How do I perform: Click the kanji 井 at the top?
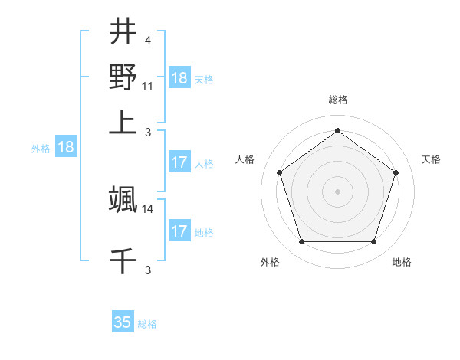[x=123, y=32]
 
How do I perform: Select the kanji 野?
[x=123, y=77]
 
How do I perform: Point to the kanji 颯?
[x=123, y=200]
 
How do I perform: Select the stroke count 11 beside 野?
[x=148, y=85]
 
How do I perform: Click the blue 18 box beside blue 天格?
[x=179, y=77]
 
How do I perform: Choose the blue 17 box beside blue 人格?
[x=179, y=162]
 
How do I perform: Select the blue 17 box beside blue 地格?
[x=179, y=231]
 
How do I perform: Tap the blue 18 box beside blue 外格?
[x=66, y=148]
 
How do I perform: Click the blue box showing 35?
[x=123, y=322]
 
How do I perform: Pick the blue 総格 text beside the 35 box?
[x=147, y=324]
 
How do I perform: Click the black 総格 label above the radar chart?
[x=338, y=100]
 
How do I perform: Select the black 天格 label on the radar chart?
[x=432, y=159]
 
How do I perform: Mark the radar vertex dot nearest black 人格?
[x=279, y=172]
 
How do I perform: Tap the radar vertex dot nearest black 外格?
[x=301, y=242]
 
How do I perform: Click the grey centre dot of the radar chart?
[x=338, y=191]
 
